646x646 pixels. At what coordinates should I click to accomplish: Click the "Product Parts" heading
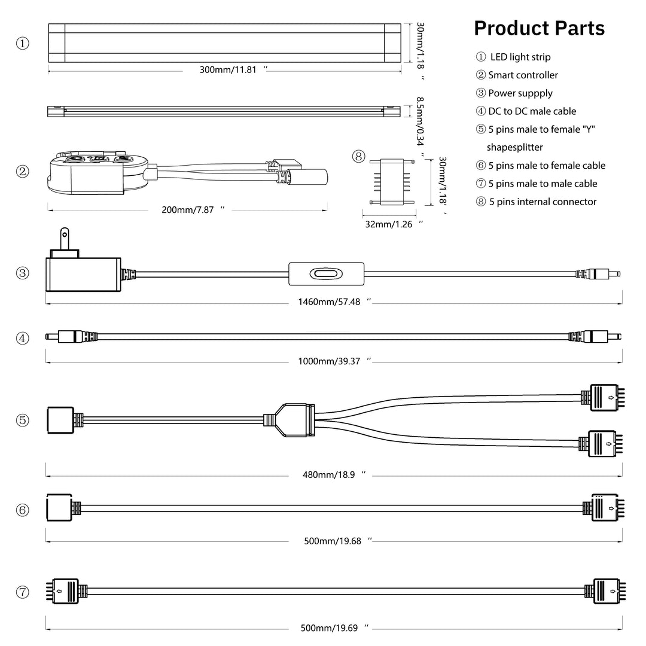pos(539,28)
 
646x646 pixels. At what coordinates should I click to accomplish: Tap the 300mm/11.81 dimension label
pos(228,69)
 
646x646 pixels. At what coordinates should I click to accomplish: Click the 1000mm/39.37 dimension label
pos(329,361)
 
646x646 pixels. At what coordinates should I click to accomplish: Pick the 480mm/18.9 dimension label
pos(329,474)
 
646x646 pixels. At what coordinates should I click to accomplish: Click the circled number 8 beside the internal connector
pos(358,157)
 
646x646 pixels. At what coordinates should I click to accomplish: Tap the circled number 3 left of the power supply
pos(23,273)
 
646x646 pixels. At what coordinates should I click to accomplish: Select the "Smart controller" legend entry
pos(523,75)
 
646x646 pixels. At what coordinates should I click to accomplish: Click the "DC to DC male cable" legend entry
pos(532,111)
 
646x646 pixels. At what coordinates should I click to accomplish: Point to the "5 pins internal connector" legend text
pos(543,202)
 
